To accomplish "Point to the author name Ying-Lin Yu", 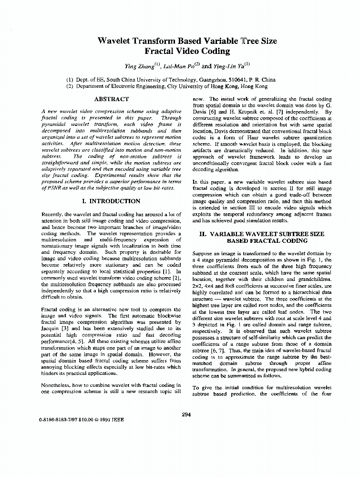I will (230, 66).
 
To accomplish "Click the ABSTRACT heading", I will (111, 99).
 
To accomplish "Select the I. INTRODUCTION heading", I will (111, 201).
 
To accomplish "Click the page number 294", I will (186, 415).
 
